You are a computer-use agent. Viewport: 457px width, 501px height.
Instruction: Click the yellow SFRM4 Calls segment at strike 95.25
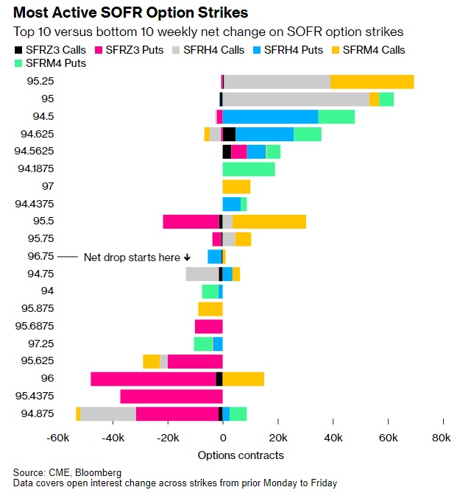[x=372, y=81]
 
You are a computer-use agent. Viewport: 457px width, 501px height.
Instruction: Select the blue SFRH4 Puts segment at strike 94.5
[x=270, y=116]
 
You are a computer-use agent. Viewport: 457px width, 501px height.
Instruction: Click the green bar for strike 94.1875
[x=249, y=169]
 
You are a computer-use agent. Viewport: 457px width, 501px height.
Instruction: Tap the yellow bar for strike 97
[x=236, y=187]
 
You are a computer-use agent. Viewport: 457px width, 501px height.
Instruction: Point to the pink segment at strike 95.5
[x=191, y=221]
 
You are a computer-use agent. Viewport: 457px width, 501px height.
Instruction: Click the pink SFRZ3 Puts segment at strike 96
[x=153, y=379]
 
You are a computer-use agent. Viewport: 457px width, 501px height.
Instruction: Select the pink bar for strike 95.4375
[x=171, y=397]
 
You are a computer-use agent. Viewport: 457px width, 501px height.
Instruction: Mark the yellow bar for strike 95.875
[x=210, y=309]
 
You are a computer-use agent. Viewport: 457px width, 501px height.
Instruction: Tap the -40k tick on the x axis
[x=113, y=439]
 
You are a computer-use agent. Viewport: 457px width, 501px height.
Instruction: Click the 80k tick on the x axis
[x=442, y=439]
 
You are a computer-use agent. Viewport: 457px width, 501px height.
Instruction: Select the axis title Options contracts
[x=241, y=455]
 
